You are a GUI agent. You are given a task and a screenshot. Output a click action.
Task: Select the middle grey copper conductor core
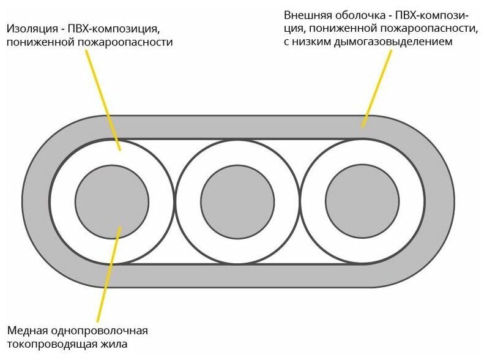(237, 201)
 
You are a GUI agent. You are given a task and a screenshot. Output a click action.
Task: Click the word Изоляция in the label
(31, 29)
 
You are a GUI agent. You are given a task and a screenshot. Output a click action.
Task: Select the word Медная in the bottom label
(25, 331)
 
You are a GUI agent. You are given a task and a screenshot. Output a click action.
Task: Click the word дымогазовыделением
(395, 42)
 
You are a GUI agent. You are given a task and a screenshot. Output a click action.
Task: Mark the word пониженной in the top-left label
(35, 43)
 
